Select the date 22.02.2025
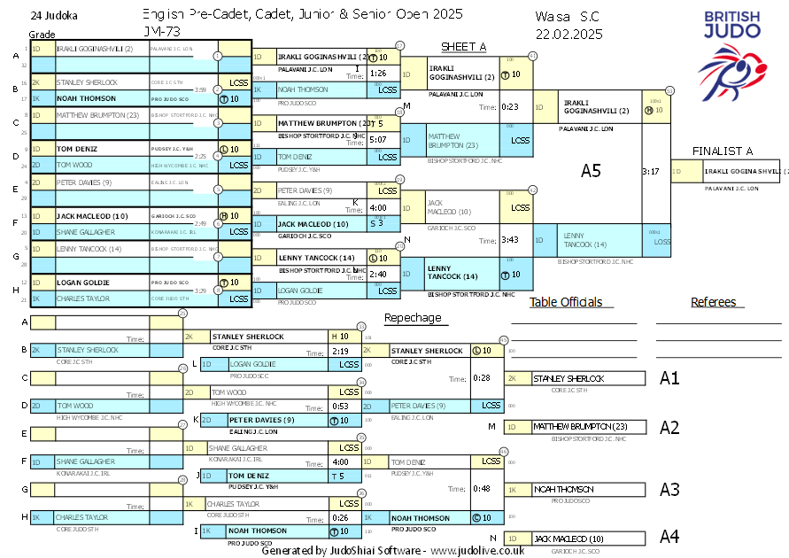[x=569, y=34]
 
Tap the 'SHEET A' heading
[x=463, y=47]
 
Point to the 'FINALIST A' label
[x=723, y=151]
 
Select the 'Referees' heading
[x=713, y=302]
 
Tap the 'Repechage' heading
[x=412, y=318]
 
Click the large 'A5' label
[x=591, y=171]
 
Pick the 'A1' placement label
[x=669, y=378]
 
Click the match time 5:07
[x=378, y=139]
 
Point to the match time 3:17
[x=651, y=171]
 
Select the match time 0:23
[x=509, y=106]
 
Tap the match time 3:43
[x=509, y=239]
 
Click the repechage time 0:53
[x=340, y=406]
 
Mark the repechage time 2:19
[x=340, y=352]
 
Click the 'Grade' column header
[x=42, y=34]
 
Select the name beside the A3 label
[x=562, y=489]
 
